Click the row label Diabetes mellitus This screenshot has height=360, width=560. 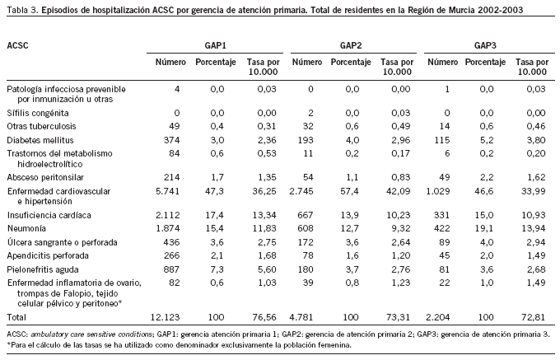40,141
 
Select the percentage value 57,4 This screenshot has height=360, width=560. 352,190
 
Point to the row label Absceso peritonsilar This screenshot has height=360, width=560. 46,176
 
